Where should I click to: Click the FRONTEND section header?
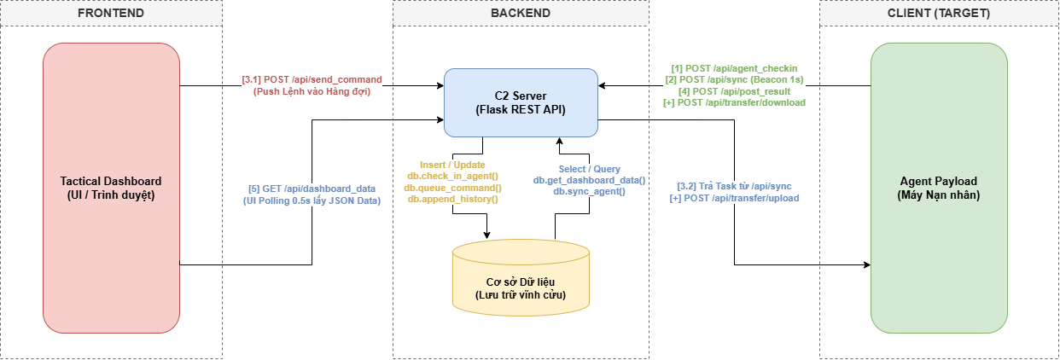(111, 14)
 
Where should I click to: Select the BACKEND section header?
(521, 14)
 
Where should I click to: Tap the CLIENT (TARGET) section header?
(939, 14)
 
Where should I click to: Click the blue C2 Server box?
(521, 102)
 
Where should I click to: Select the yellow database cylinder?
(521, 278)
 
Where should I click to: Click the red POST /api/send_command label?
(312, 79)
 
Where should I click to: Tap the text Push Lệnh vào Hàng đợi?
(312, 91)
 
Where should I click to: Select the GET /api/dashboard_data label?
(312, 189)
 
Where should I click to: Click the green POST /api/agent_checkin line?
(734, 67)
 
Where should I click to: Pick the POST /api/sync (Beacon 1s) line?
(734, 79)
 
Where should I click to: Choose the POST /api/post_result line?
(734, 90)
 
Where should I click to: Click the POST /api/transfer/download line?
(734, 102)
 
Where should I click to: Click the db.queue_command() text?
(452, 187)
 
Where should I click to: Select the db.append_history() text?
(452, 198)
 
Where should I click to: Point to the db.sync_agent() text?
(589, 191)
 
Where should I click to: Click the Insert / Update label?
(452, 164)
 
